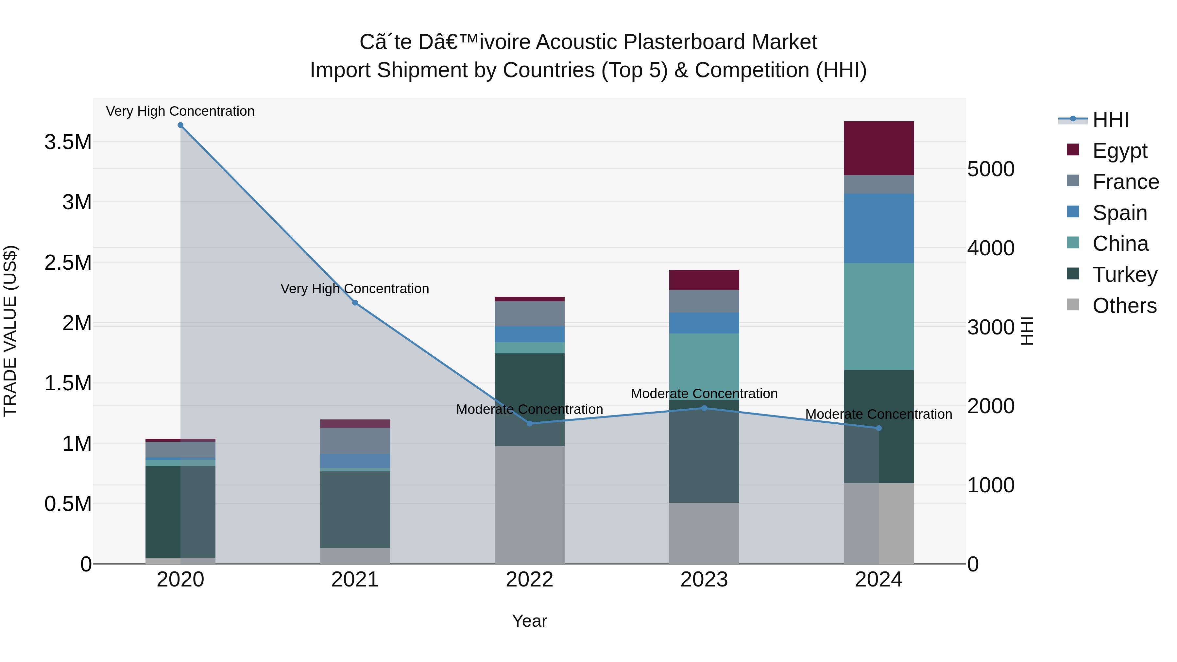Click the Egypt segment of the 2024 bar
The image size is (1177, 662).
tap(878, 148)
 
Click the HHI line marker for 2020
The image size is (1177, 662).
tap(180, 125)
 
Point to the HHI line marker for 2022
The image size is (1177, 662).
tap(530, 423)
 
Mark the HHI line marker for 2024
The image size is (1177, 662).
tap(878, 428)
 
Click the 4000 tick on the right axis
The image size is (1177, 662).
tap(991, 248)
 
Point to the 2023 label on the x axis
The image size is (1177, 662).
tap(704, 580)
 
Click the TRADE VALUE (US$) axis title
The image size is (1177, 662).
tap(10, 331)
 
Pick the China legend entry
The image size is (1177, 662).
tap(1119, 244)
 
